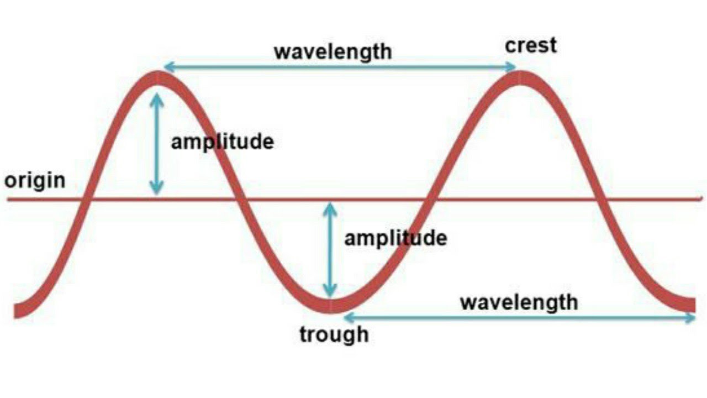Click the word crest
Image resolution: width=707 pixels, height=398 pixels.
[531, 45]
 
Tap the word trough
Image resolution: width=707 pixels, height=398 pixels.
[334, 334]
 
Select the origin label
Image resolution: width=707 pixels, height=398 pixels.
[34, 180]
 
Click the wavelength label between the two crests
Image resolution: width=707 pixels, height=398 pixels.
[333, 51]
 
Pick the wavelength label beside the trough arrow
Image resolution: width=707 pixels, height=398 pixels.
[519, 302]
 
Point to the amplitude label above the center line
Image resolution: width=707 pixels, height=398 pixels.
[222, 142]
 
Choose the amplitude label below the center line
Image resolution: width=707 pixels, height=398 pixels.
[395, 238]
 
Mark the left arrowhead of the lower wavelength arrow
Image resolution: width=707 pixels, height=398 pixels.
[346, 317]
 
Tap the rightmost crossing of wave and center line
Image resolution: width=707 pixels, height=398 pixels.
[602, 199]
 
